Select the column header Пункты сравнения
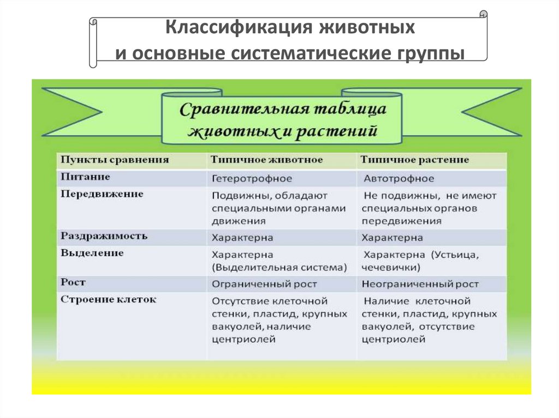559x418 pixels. (115, 160)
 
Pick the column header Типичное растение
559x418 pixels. (414, 160)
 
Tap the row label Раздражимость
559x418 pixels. (104, 237)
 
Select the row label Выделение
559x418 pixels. (92, 253)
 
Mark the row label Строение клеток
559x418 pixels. (109, 300)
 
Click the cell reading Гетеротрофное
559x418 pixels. (252, 179)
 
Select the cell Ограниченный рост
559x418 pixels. (264, 284)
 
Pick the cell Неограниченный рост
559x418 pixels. (420, 284)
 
